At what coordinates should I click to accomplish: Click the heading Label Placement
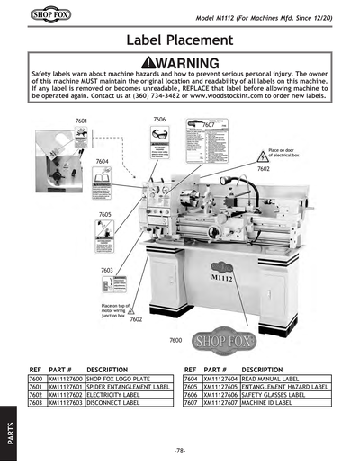pos(180,40)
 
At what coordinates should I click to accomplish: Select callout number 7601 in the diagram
pos(81,121)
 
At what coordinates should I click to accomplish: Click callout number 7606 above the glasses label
pos(159,119)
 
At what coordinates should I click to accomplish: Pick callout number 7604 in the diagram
pos(103,160)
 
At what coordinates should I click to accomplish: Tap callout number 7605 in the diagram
pos(105,215)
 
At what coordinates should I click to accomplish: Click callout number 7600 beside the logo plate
pos(175,341)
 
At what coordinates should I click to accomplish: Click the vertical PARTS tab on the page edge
pos(8,431)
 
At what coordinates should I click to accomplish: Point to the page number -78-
pos(180,450)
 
